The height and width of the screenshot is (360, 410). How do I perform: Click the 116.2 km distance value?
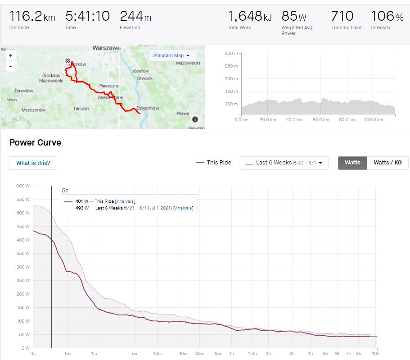tap(32, 17)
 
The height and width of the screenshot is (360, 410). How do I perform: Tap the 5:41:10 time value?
tap(87, 17)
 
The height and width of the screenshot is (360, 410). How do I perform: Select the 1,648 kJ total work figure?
tap(249, 17)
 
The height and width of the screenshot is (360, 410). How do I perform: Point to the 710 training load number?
tap(342, 16)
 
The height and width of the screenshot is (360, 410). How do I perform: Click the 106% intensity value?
tap(387, 17)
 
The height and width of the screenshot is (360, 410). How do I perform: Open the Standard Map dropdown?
tap(171, 55)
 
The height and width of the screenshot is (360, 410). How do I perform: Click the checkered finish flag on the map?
tap(68, 60)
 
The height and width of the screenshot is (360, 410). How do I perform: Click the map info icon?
tap(195, 119)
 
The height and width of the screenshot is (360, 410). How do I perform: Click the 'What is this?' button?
tap(33, 163)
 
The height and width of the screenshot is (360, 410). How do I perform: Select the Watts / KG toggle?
tap(387, 163)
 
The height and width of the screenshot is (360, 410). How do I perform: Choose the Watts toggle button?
tap(352, 163)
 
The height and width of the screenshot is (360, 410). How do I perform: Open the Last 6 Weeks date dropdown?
tap(284, 163)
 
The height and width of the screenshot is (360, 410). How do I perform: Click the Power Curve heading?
tap(35, 143)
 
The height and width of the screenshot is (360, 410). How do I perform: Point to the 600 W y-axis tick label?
tap(23, 186)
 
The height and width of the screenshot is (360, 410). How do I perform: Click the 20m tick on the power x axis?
tap(183, 354)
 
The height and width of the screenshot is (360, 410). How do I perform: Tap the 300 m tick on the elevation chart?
tap(231, 54)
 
